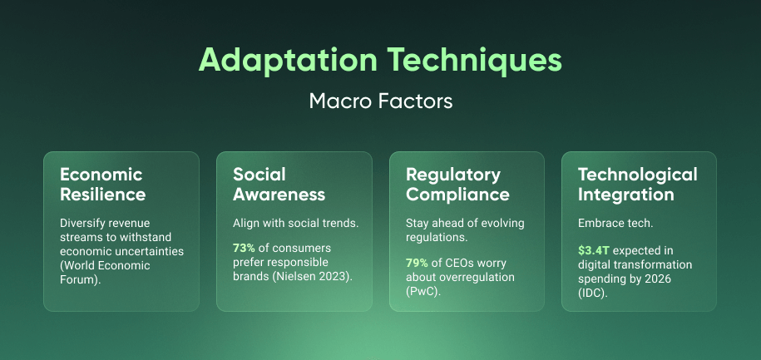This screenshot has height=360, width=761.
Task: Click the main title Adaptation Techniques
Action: coord(380,62)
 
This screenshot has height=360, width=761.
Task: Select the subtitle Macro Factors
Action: coord(380,101)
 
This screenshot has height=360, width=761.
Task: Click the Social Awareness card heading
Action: coord(279,185)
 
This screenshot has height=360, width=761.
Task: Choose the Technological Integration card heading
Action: coord(637,185)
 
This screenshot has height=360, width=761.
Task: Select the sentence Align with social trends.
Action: coord(293,223)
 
